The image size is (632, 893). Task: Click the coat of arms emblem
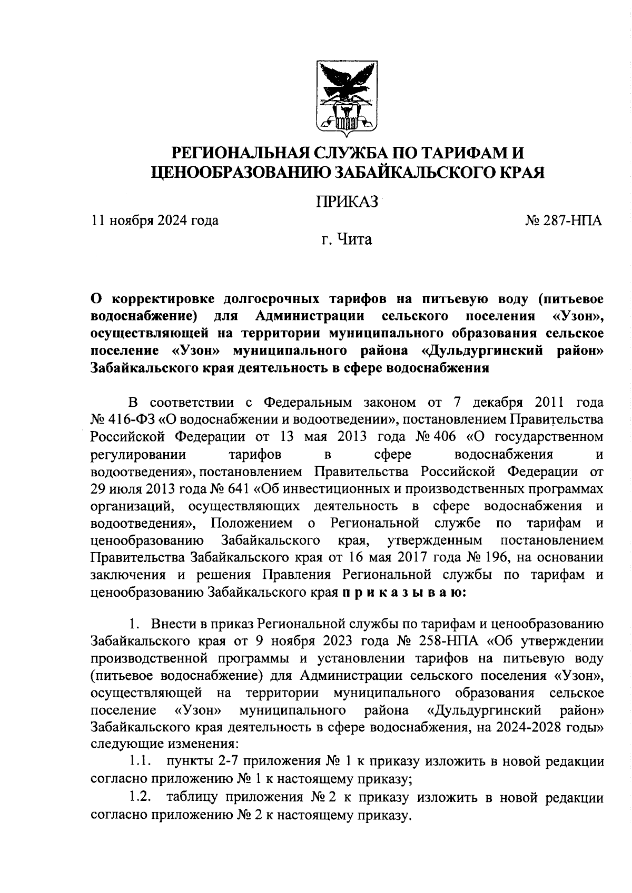(346, 97)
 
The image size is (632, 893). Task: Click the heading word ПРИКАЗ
(346, 202)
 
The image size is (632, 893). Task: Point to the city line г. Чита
(347, 240)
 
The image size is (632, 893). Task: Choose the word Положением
(251, 523)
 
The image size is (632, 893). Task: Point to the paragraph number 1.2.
(141, 797)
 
